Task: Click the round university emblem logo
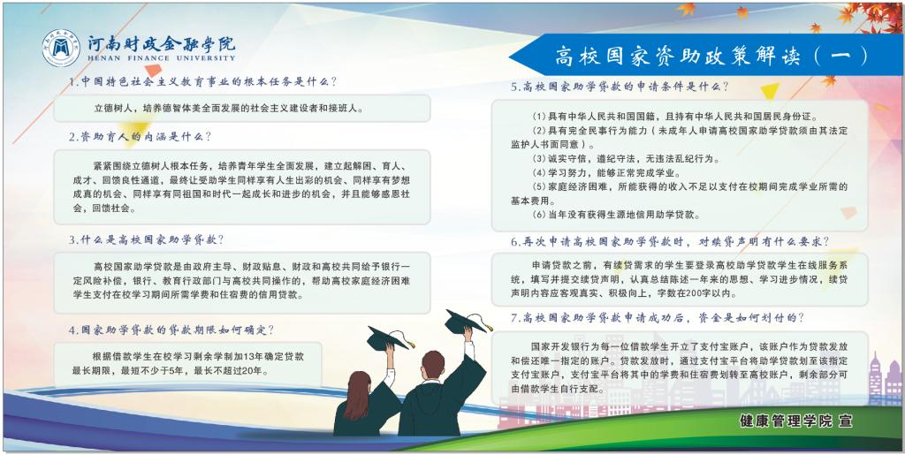pos(61,48)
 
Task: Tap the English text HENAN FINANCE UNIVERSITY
pos(162,58)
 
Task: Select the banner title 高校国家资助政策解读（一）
pos(711,56)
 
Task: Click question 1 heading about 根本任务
pos(202,82)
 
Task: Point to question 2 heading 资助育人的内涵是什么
pos(141,137)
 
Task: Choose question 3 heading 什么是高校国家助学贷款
pos(146,239)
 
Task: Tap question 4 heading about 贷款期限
pos(171,330)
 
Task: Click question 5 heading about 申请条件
pos(620,87)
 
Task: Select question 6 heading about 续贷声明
pos(670,241)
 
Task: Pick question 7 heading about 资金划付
pos(658,318)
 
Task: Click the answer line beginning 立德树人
pos(229,108)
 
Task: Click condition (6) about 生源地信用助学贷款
pos(616,215)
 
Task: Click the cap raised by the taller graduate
pos(467,322)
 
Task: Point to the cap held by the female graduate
pos(389,338)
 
